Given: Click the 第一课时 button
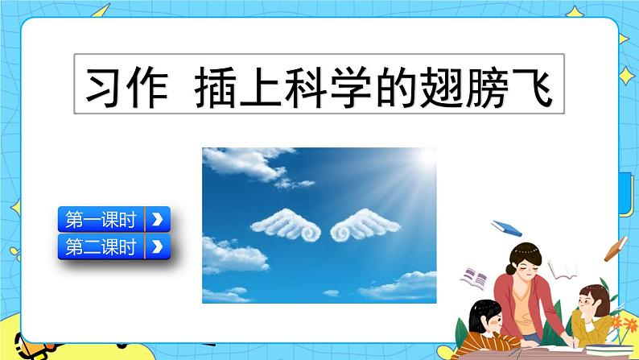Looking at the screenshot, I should [x=101, y=219].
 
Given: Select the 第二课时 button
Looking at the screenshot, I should [x=101, y=247].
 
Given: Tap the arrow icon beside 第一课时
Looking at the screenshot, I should [x=157, y=219].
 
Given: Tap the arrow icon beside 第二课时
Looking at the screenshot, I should [x=157, y=247].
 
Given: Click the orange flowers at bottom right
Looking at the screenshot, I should [x=625, y=326].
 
